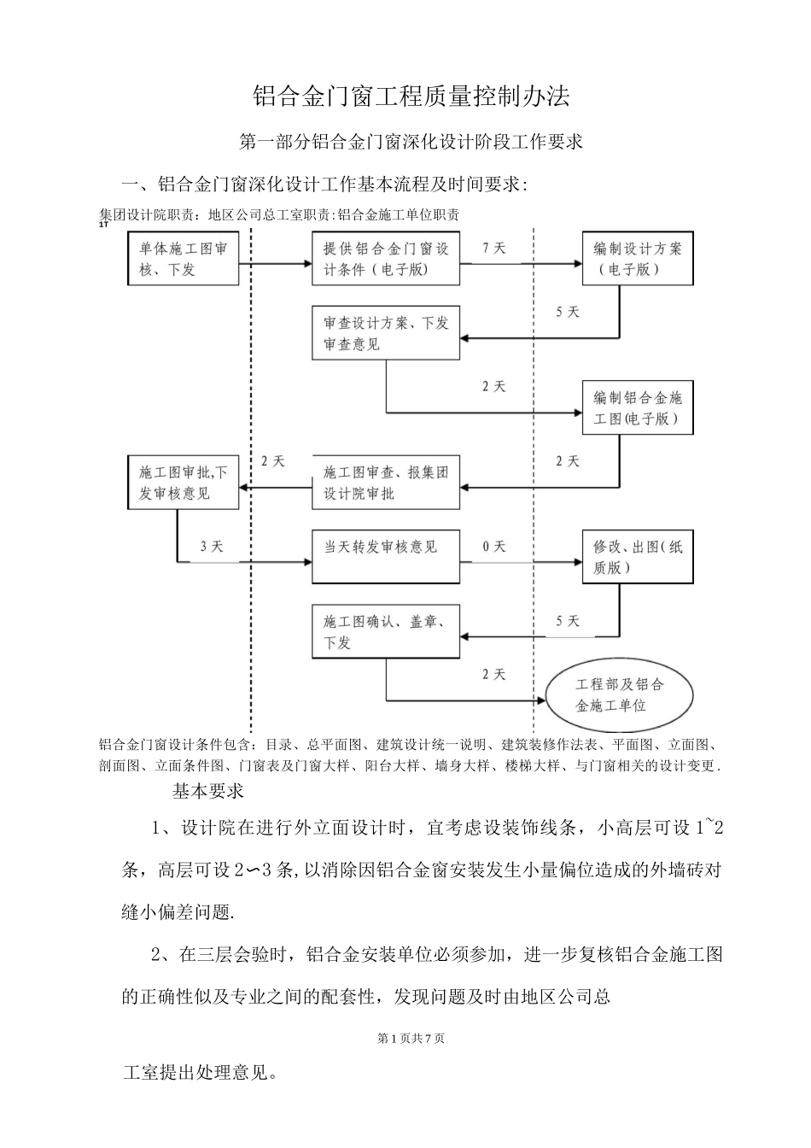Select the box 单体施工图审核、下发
(x=183, y=259)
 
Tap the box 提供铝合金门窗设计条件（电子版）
(x=386, y=259)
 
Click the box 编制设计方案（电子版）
(x=637, y=259)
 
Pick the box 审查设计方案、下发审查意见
(x=386, y=333)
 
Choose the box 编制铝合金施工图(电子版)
(x=637, y=408)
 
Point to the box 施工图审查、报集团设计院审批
(x=386, y=483)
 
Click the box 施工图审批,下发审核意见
(x=183, y=483)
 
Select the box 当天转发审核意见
(x=386, y=547)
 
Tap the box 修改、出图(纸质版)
(x=637, y=557)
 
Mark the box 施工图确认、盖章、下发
(x=386, y=632)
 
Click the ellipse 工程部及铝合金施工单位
(x=620, y=695)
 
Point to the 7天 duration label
(x=494, y=249)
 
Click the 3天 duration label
(x=211, y=547)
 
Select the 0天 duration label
(x=494, y=547)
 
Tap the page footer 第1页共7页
(x=411, y=1039)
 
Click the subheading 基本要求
(x=208, y=791)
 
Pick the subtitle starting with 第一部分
(x=411, y=142)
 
